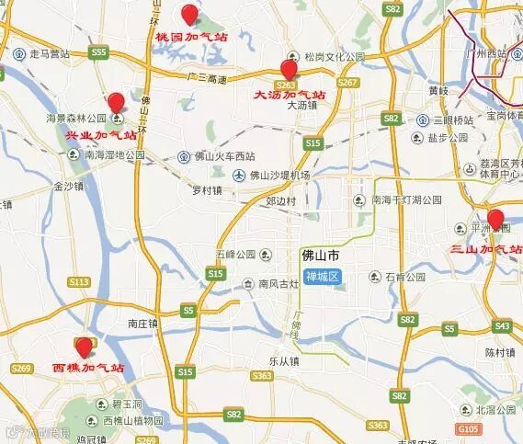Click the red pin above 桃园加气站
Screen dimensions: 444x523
pos(190,14)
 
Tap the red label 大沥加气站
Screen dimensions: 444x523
pos(290,93)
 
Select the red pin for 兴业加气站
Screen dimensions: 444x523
pos(116,103)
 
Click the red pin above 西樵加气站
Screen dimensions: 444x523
pos(85,347)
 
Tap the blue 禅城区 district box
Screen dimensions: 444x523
pos(323,277)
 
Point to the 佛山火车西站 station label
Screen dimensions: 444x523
pos(222,155)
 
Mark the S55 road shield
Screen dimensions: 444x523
pos(98,53)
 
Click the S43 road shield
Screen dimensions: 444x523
pos(502,325)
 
